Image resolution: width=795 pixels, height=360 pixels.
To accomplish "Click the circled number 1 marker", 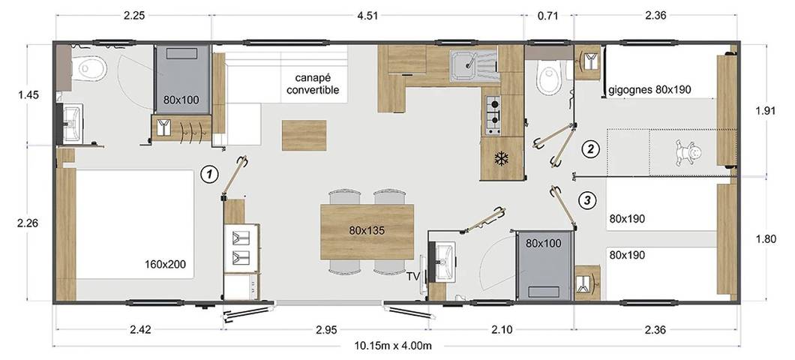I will point(211,175).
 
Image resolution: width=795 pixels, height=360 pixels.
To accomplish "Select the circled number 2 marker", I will point(591,148).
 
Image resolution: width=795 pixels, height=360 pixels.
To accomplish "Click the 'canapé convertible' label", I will point(312,84).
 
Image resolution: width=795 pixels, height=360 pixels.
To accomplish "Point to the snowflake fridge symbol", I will point(501,158).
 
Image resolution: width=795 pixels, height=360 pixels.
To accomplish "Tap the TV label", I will point(412,277).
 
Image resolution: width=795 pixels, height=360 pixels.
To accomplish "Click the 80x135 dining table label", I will point(366,230).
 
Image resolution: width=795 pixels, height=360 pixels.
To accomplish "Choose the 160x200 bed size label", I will point(165,264).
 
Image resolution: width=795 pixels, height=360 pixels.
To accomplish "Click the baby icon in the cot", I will point(687,154).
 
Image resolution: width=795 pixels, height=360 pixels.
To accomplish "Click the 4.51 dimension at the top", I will point(368,14).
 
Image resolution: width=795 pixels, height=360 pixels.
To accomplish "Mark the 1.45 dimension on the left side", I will point(28,95).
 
